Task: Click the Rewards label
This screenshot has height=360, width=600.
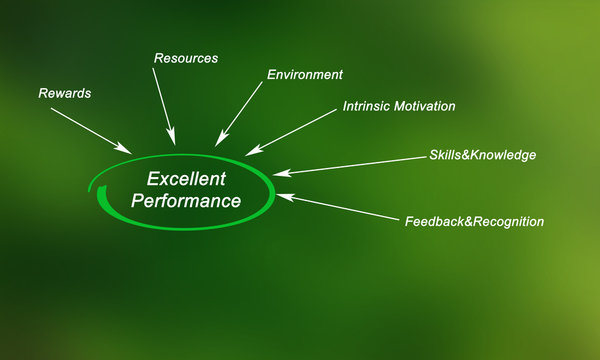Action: point(65,94)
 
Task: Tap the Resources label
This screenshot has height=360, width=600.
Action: point(186,58)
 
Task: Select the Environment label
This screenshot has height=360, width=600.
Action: point(305,74)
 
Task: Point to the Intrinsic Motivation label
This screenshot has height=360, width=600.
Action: point(399,105)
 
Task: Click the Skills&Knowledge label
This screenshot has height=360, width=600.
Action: point(482,155)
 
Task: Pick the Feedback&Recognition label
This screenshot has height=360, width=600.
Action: point(474,221)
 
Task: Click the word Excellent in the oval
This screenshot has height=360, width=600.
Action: point(187,179)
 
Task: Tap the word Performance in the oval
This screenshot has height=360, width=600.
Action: point(187,201)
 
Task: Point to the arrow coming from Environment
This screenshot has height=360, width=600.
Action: point(240,112)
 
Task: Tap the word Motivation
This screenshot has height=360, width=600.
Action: point(426,105)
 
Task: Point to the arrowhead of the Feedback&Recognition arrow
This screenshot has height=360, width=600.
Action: point(283,195)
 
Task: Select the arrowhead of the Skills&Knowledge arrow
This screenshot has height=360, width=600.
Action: point(279,173)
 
